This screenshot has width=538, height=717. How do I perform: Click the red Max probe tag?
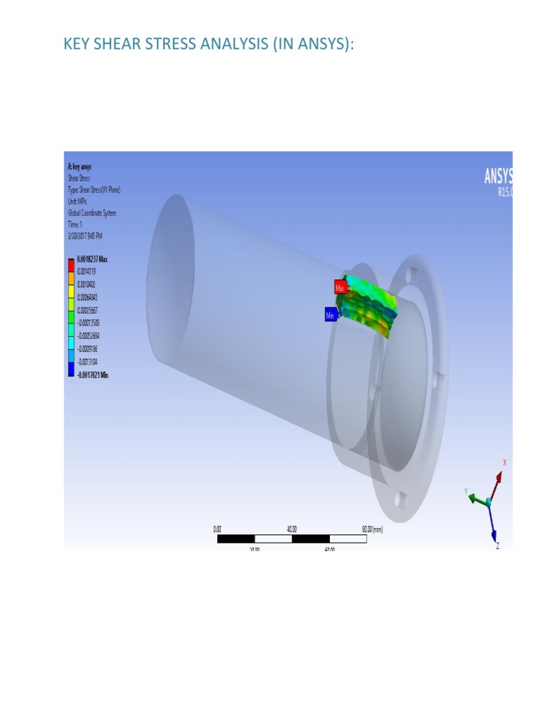[x=340, y=287]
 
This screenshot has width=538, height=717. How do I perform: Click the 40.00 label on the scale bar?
[x=292, y=530]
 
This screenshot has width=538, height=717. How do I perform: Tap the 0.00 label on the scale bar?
[x=217, y=530]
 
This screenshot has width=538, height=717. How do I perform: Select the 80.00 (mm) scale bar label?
[x=372, y=530]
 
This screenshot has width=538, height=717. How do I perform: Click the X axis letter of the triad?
[x=504, y=463]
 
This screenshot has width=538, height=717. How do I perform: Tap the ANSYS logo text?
[x=498, y=176]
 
